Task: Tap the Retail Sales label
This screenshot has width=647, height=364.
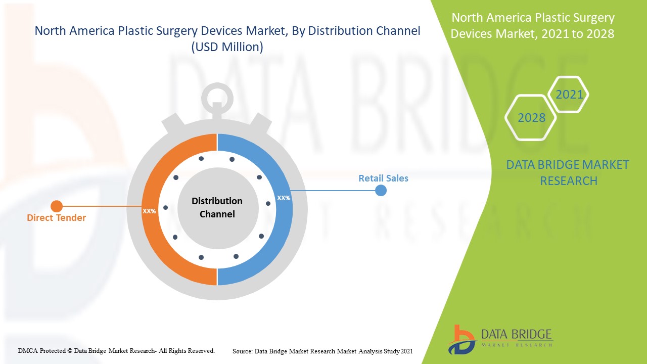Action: (383, 178)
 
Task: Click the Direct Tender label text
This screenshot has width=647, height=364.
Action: (56, 218)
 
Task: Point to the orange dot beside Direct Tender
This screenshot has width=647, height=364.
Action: (57, 206)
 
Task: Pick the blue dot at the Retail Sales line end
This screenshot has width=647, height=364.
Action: (381, 191)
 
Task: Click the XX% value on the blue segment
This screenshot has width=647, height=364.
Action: (284, 198)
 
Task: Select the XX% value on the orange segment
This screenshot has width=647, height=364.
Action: (149, 211)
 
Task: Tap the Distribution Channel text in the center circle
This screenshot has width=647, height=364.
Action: (217, 207)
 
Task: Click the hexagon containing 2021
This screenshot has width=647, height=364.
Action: (569, 95)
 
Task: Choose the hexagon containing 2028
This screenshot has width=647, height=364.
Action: (531, 118)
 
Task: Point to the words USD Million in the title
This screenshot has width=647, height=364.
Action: (227, 48)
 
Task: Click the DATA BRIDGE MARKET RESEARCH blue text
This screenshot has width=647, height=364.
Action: (568, 172)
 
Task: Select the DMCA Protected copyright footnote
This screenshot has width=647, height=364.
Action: (116, 350)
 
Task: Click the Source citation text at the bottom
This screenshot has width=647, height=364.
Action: (322, 351)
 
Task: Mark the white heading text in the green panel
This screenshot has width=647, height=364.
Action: (533, 26)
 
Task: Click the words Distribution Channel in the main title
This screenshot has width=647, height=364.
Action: (364, 31)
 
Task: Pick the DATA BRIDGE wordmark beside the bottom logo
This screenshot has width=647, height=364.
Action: (516, 335)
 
